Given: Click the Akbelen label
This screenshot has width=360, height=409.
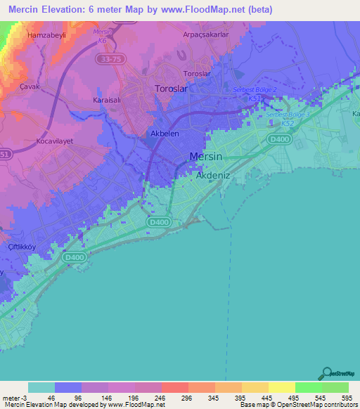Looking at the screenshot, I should [x=164, y=132].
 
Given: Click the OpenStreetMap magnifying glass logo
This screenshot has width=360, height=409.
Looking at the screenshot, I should [x=326, y=372].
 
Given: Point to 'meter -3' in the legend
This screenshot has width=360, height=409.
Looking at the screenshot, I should [x=15, y=397].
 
